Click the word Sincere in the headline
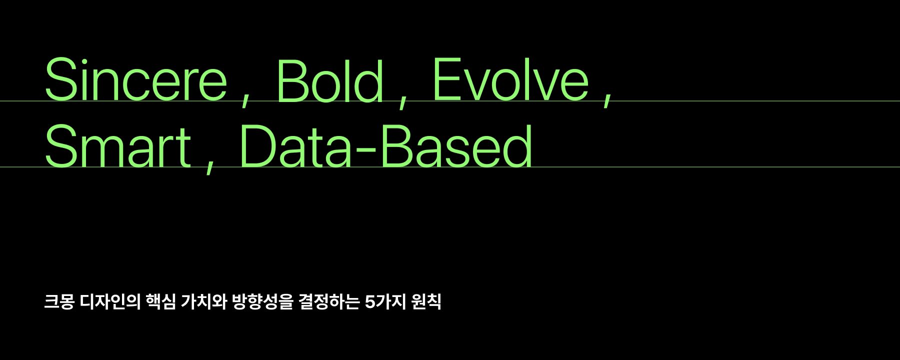[x=136, y=80]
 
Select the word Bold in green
[x=330, y=80]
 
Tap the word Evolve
[x=510, y=79]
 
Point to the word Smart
[x=118, y=146]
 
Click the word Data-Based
[x=386, y=146]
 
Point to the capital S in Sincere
[x=63, y=80]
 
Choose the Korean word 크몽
[x=59, y=302]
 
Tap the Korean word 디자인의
[x=110, y=302]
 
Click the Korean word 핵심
[x=161, y=302]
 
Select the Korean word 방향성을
[x=262, y=302]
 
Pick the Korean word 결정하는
[x=329, y=302]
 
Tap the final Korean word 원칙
[x=426, y=302]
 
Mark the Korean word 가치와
[x=204, y=302]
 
